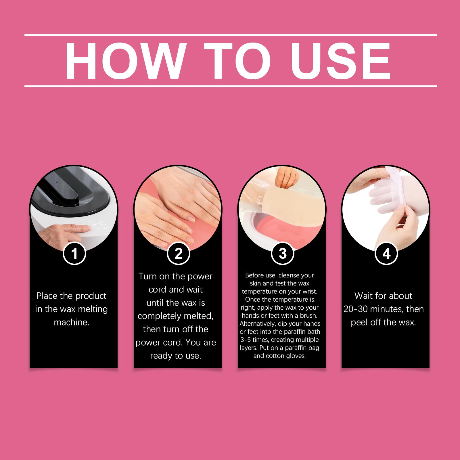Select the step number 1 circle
click(x=75, y=254)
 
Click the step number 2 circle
click(x=179, y=254)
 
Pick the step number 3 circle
click(x=283, y=254)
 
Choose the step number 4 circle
click(x=387, y=254)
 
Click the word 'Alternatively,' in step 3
click(x=256, y=323)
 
